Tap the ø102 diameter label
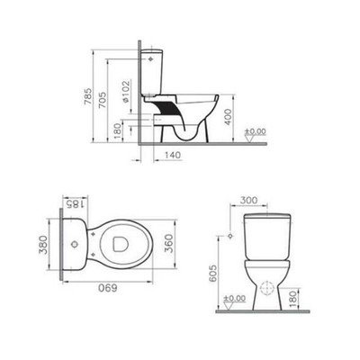pos(126,93)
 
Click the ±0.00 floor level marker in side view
pos(256,134)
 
